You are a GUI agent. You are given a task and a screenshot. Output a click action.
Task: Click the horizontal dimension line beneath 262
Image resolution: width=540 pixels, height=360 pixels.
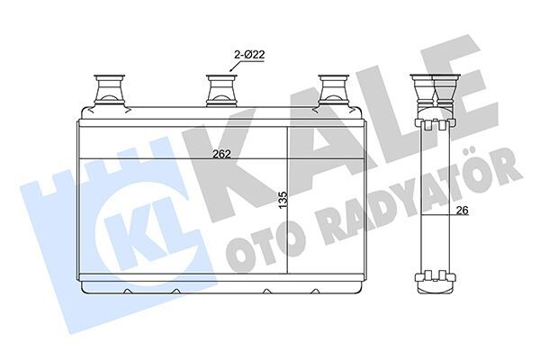coord(180,159)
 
